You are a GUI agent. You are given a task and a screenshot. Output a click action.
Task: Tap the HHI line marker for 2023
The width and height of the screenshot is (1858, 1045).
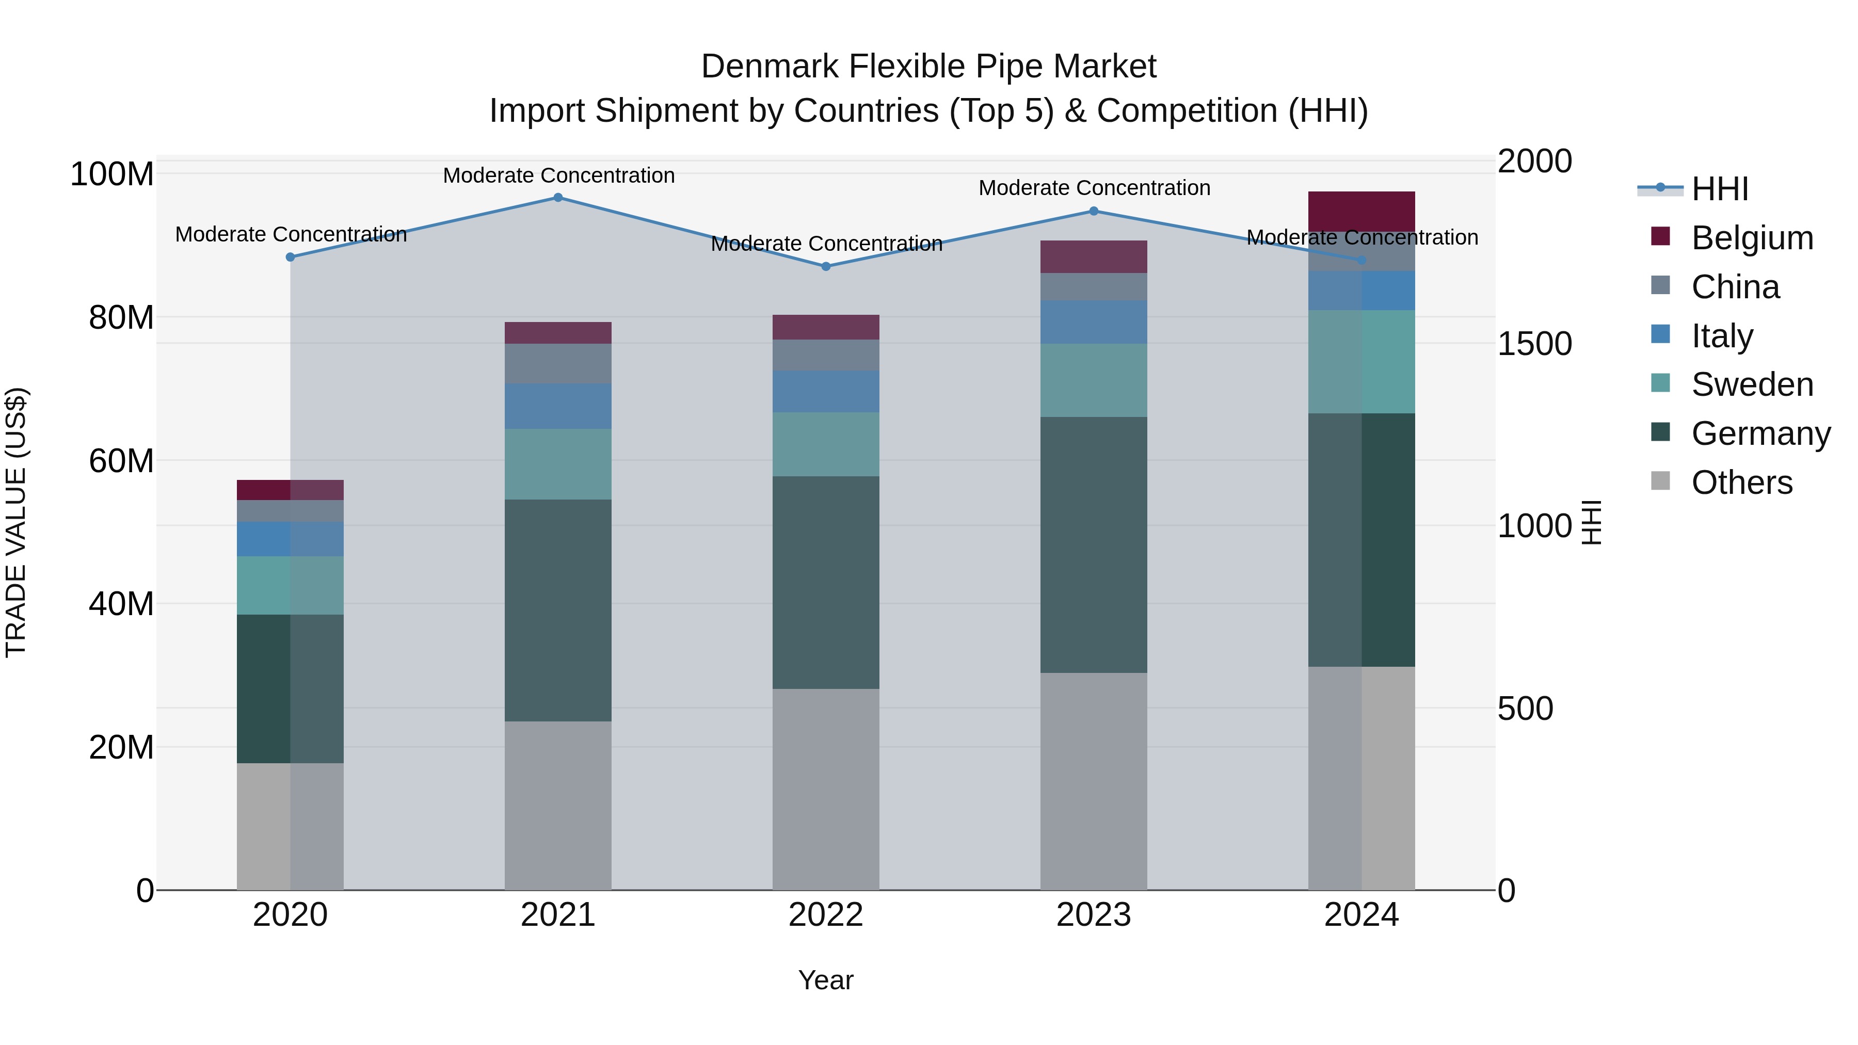[x=1094, y=211]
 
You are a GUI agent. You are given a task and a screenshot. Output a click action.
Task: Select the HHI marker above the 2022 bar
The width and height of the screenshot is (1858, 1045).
[x=826, y=266]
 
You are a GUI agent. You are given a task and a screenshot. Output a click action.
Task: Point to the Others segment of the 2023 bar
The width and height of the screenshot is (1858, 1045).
[x=1094, y=781]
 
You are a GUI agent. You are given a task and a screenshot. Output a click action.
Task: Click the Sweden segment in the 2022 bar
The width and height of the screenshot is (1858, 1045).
[x=826, y=444]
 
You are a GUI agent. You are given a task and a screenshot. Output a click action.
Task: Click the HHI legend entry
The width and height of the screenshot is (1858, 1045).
[x=1720, y=189]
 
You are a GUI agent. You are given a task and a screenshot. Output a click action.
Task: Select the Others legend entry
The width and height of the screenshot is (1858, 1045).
[x=1741, y=483]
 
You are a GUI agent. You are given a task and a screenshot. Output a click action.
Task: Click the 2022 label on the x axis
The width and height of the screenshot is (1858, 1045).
[x=826, y=915]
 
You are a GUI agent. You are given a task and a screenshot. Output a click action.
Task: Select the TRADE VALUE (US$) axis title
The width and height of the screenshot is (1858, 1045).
[x=16, y=522]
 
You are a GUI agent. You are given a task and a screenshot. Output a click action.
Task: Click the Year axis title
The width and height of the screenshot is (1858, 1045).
[x=826, y=980]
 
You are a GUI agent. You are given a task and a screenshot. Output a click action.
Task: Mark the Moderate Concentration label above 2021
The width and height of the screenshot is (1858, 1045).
[x=558, y=175]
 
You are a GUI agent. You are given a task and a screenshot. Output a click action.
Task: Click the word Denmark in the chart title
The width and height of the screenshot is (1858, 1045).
[x=769, y=67]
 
